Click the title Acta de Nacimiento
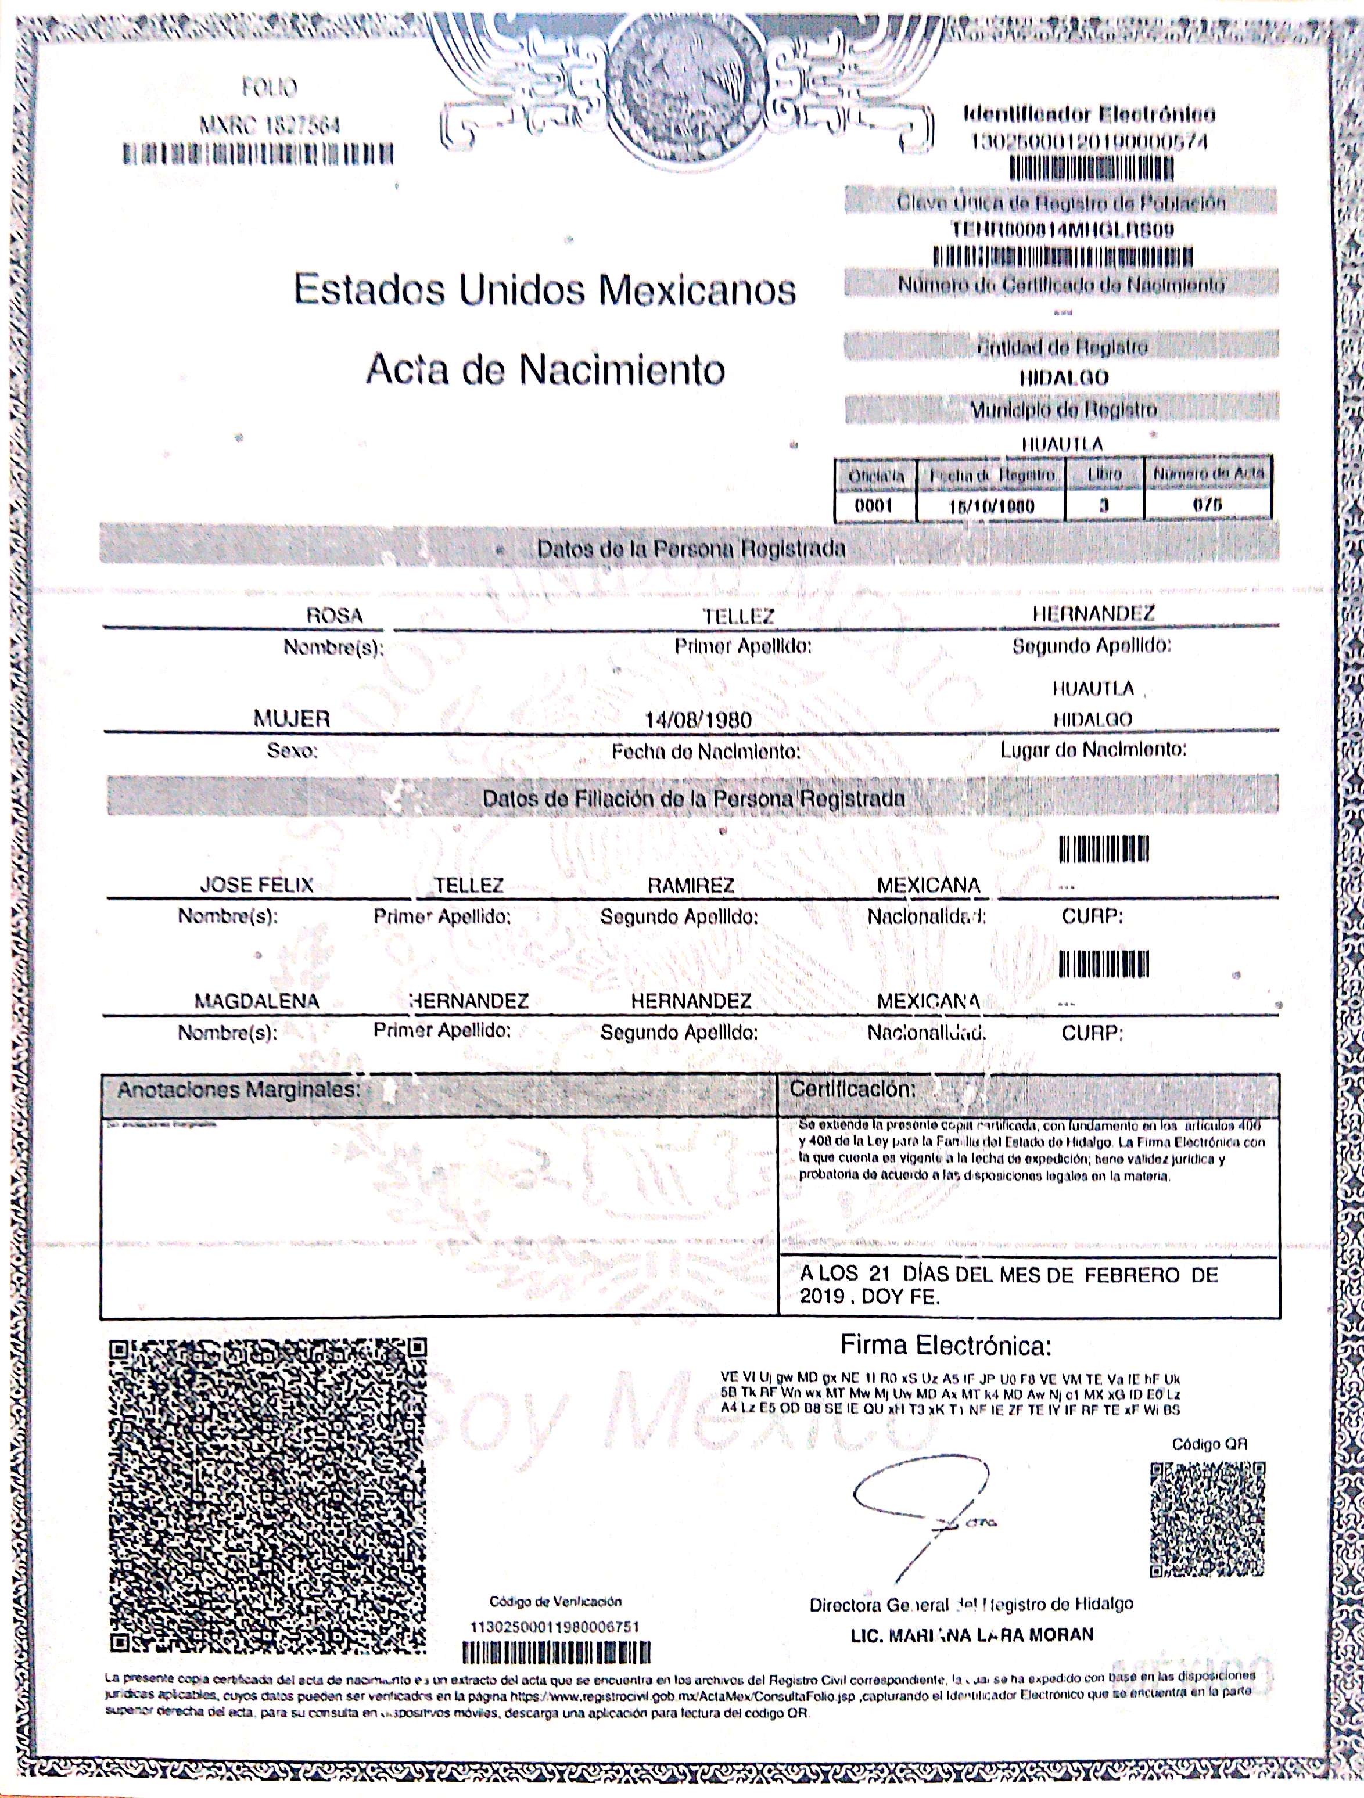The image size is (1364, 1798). pyautogui.click(x=545, y=371)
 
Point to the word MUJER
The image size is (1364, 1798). pyautogui.click(x=292, y=718)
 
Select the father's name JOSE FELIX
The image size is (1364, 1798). pyautogui.click(x=256, y=885)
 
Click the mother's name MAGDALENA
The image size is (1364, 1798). pyautogui.click(x=256, y=1001)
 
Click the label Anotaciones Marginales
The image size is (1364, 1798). pyautogui.click(x=238, y=1089)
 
